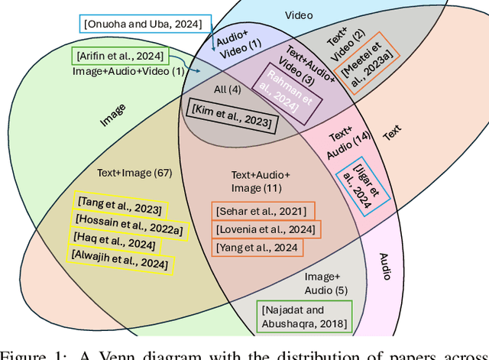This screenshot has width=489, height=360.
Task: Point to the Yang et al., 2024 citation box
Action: (257, 247)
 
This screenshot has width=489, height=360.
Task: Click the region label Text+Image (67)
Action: (134, 173)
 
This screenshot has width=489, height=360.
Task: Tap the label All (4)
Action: (227, 90)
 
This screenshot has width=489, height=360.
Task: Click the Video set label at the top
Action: (299, 15)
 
